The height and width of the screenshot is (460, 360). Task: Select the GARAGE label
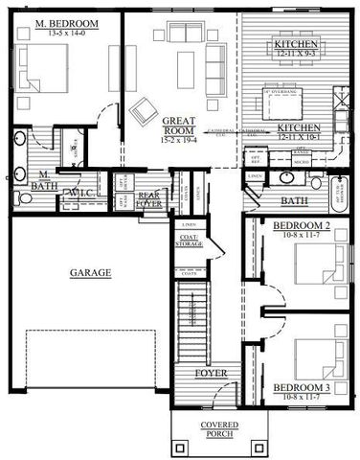tap(90, 273)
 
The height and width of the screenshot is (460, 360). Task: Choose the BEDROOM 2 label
tap(302, 225)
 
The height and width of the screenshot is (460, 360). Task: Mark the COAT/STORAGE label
tap(189, 241)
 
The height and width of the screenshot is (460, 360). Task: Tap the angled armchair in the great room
tap(145, 112)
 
